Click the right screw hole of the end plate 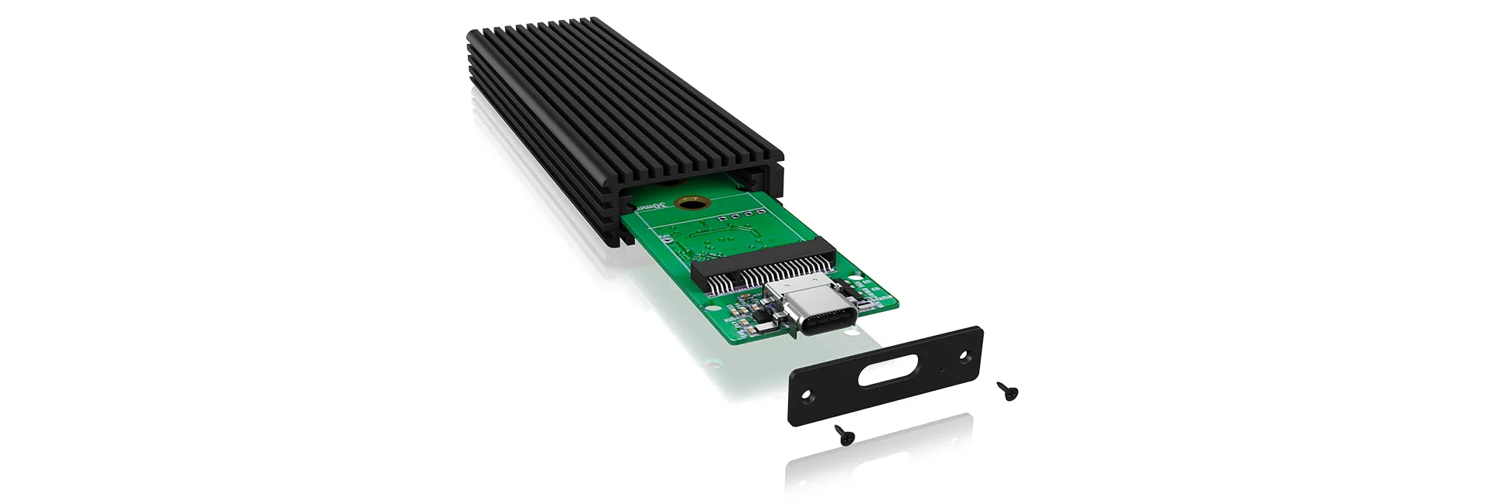click(x=964, y=355)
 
